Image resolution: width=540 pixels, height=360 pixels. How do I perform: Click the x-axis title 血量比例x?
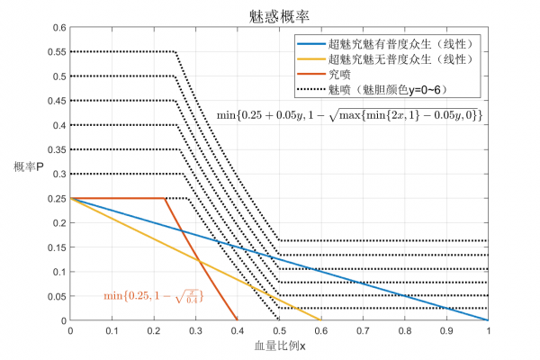pyautogui.click(x=279, y=347)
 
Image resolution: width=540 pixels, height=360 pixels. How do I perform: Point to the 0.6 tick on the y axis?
pyautogui.click(x=58, y=27)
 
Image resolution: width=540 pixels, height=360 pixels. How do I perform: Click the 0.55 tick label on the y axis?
pyautogui.click(x=56, y=51)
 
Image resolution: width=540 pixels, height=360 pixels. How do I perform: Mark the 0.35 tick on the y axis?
pyautogui.click(x=56, y=149)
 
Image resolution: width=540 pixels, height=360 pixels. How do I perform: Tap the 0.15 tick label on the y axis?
pyautogui.click(x=56, y=247)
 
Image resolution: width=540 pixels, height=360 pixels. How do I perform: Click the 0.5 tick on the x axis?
pyautogui.click(x=279, y=331)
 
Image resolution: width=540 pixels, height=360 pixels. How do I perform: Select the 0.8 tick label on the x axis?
pyautogui.click(x=404, y=331)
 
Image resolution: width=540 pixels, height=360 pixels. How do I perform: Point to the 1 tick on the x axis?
pyautogui.click(x=488, y=331)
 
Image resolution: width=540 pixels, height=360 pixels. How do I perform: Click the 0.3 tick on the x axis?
pyautogui.click(x=195, y=331)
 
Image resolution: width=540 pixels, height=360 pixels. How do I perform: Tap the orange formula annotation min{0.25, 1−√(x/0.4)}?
pyautogui.click(x=152, y=293)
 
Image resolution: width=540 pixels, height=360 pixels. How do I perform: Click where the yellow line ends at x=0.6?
pyautogui.click(x=320, y=319)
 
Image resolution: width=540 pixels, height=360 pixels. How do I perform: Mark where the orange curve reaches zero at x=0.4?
pyautogui.click(x=238, y=319)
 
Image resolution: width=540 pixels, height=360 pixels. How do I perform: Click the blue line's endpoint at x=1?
pyautogui.click(x=488, y=319)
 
